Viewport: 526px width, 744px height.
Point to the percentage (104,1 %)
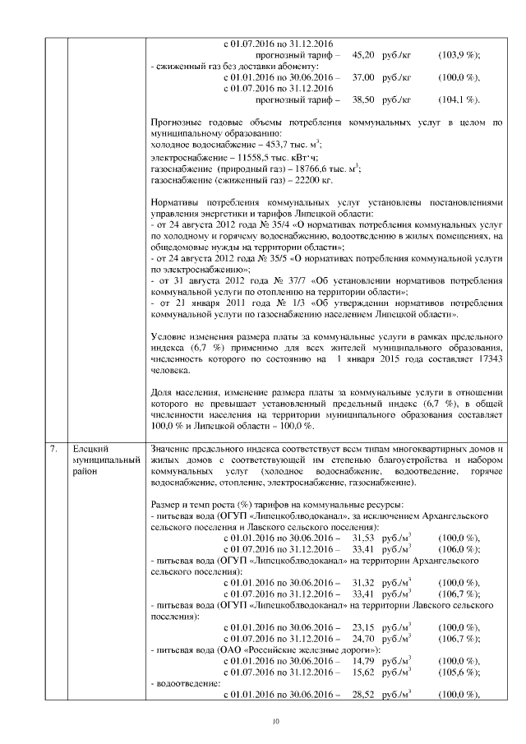coord(459,99)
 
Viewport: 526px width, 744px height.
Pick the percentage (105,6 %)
coord(459,671)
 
